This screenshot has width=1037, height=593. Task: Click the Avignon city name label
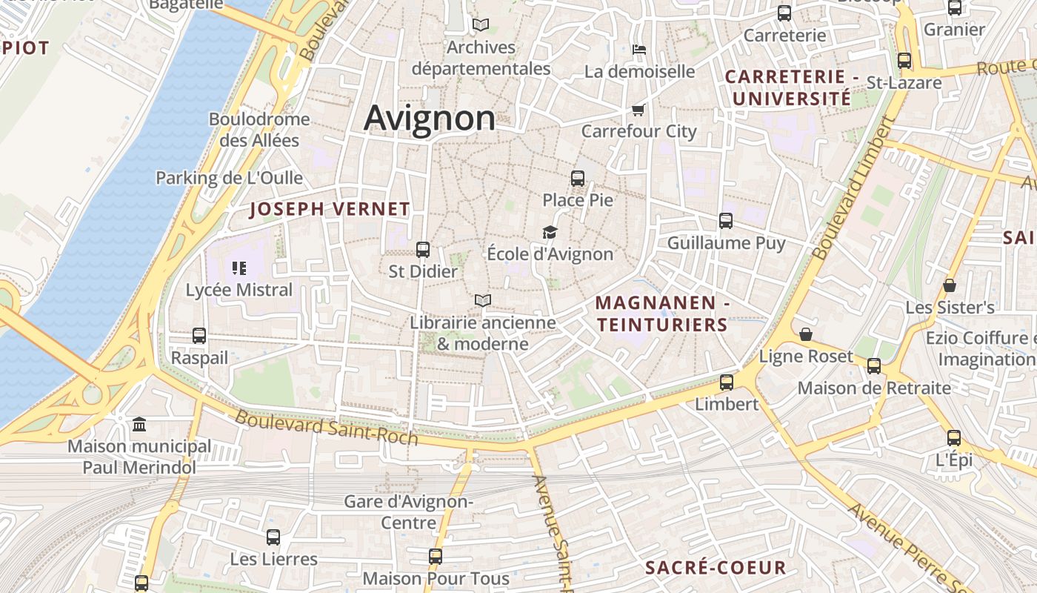[430, 119]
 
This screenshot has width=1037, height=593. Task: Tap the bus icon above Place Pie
[578, 179]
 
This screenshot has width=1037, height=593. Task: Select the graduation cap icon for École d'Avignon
[550, 233]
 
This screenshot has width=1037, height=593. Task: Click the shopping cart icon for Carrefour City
[638, 110]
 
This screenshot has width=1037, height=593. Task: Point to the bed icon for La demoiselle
[640, 50]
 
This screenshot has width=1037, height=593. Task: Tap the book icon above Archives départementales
[481, 25]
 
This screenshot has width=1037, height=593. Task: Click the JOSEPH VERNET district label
[330, 209]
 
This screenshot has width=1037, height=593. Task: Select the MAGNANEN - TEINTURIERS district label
[662, 314]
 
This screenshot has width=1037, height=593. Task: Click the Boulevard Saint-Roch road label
[327, 428]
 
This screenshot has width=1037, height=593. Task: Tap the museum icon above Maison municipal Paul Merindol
[139, 425]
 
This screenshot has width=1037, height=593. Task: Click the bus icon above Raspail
[199, 336]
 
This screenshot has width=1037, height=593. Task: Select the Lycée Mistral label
[239, 290]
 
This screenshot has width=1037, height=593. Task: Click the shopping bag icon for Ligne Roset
[806, 335]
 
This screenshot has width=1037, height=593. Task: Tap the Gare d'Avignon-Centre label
[409, 512]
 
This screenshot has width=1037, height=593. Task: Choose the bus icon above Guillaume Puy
[726, 221]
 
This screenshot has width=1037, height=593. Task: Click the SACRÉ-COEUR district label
[716, 568]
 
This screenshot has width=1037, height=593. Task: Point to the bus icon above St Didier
[423, 250]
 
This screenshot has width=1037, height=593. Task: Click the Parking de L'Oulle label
[229, 178]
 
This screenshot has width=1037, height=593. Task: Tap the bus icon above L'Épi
[954, 438]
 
